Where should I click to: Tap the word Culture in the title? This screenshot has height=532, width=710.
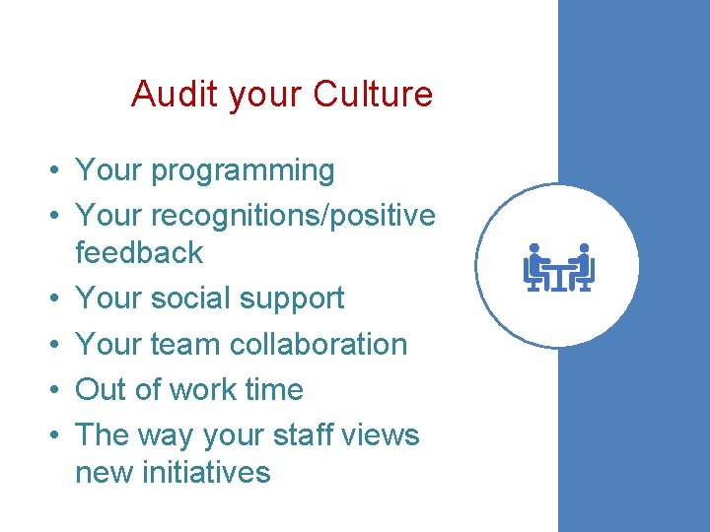(x=373, y=95)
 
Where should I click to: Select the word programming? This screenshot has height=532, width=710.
(x=243, y=171)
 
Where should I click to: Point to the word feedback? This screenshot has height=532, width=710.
(x=139, y=252)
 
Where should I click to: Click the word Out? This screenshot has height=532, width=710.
(x=102, y=389)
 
